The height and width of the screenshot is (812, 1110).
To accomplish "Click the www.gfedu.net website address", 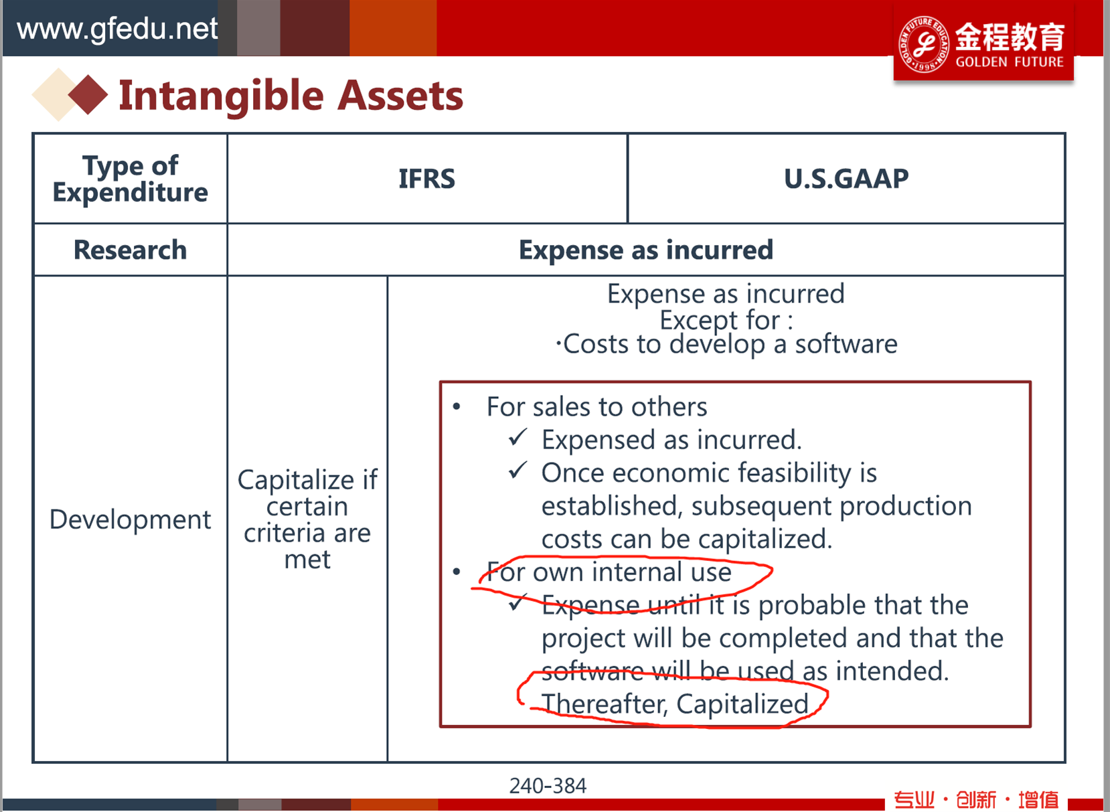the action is coord(117,29).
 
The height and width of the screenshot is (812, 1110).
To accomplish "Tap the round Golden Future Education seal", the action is coord(924,44).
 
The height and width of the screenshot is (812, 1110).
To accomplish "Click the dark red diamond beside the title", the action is coord(88,94).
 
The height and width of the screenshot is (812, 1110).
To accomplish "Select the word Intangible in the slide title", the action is coord(221,96).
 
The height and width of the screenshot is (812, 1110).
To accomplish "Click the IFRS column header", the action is coord(426,178).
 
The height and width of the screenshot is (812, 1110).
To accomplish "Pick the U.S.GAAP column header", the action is coord(846,178).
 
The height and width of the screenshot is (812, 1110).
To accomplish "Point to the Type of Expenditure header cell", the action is coord(131,179).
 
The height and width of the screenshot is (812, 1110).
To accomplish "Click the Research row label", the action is coord(131,250).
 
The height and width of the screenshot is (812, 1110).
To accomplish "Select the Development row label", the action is coord(131,519).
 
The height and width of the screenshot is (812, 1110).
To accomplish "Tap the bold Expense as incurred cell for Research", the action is coord(645,250).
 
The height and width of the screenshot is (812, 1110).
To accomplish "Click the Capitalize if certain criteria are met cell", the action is coord(307,519).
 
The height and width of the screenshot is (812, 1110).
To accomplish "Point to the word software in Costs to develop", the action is coord(846,344).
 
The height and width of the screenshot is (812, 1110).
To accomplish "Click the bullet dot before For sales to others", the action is coord(457,407).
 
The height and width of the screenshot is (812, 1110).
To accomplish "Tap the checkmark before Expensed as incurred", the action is coord(518,437).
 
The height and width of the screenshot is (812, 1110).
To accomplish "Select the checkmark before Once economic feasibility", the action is coord(518,470).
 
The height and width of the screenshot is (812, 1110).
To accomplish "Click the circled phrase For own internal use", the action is coord(609,572).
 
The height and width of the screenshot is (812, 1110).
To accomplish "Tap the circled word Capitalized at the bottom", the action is coord(742,704).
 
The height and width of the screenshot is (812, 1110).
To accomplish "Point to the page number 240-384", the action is coord(548,786).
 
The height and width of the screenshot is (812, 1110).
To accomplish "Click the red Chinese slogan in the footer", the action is coord(976,799).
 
